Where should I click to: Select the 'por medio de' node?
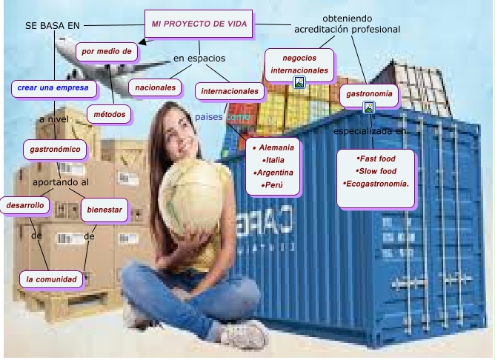(107, 52)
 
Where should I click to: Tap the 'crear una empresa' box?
(53, 88)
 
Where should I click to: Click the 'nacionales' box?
(155, 87)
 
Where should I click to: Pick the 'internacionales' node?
(230, 92)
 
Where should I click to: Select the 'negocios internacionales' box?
(299, 64)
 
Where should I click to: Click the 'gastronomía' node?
(369, 95)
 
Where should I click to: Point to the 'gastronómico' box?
(55, 150)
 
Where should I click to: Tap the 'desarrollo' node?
(24, 204)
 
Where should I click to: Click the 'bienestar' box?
(104, 210)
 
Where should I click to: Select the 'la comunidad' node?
(51, 279)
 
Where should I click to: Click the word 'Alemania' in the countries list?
(273, 147)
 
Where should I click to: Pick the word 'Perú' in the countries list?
(273, 184)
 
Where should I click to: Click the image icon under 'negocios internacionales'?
(299, 82)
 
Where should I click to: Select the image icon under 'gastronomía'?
(369, 108)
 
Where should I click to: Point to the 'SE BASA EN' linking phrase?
(52, 26)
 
